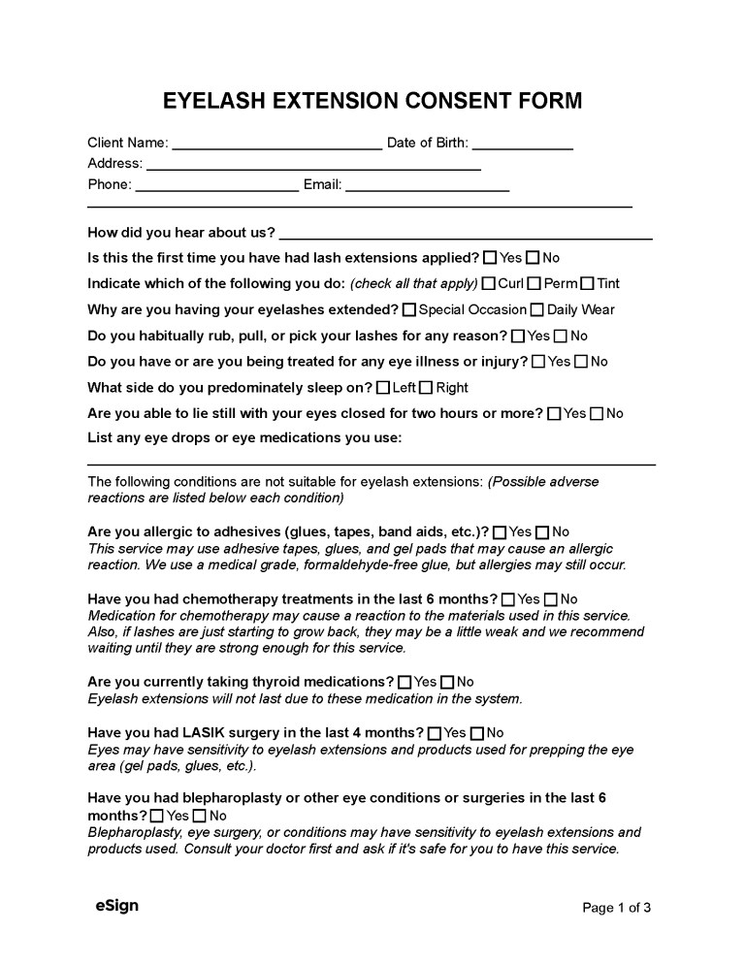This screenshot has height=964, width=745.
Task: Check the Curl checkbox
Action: pos(489,284)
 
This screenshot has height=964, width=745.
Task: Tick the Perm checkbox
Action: pos(534,284)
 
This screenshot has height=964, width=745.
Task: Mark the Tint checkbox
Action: pos(587,284)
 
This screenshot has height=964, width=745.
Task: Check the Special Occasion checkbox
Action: pos(409,310)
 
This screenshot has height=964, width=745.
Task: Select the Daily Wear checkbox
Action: pos(536,310)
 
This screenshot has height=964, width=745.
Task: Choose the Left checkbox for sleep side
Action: pos(383,388)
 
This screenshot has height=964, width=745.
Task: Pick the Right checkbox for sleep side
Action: pos(426,388)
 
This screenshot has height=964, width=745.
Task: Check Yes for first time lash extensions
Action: pos(490,258)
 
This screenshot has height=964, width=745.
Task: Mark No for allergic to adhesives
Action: pos(542,532)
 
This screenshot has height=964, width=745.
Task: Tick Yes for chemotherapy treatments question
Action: pos(508,600)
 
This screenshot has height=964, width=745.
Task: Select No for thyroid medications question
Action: pos(447,683)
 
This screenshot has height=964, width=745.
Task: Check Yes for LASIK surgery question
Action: pos(435,733)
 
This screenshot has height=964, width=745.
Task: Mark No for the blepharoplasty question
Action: pos(200,817)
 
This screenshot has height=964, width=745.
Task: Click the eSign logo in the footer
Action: pos(116,906)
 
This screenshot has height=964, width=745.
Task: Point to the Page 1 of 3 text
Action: pos(616,908)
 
